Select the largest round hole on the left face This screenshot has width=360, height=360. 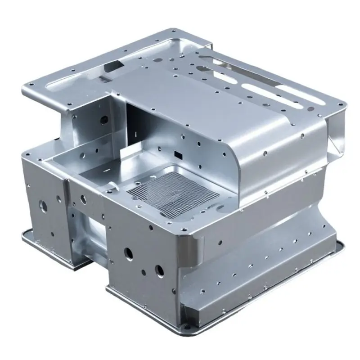(x=44, y=206)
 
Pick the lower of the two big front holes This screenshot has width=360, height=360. (x=159, y=270)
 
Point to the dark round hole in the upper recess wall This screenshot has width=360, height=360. (x=104, y=120)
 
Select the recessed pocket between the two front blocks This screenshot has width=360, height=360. (x=92, y=234)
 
